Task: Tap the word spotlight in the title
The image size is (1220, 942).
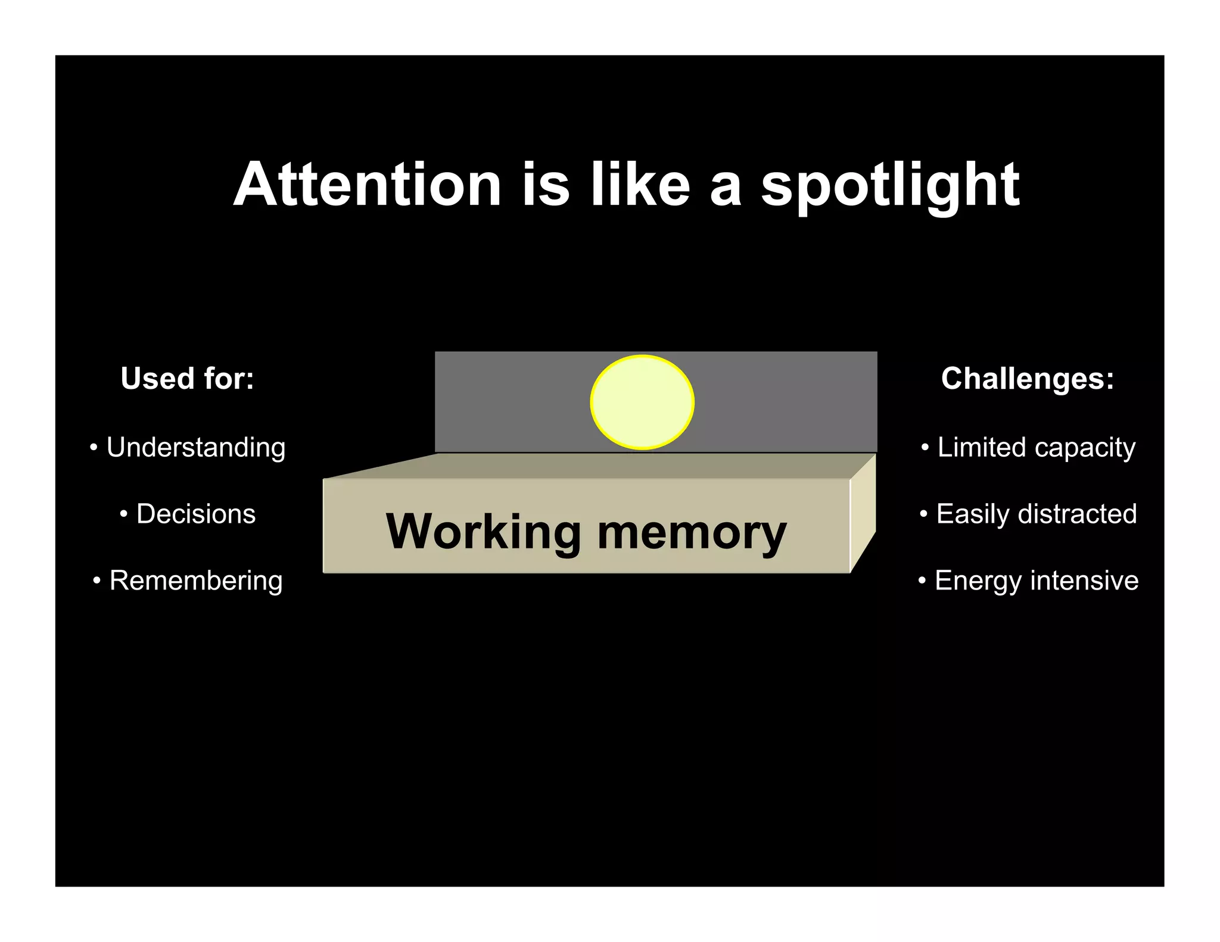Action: (x=890, y=186)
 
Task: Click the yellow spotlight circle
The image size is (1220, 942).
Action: (x=642, y=402)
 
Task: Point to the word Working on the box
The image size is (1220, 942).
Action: (x=483, y=532)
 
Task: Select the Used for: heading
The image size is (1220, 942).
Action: (x=187, y=379)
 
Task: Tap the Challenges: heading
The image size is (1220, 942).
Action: (x=1028, y=379)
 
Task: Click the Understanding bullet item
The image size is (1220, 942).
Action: (x=195, y=448)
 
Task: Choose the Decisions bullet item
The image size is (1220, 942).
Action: (x=195, y=514)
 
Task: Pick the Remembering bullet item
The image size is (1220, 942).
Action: (x=195, y=581)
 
